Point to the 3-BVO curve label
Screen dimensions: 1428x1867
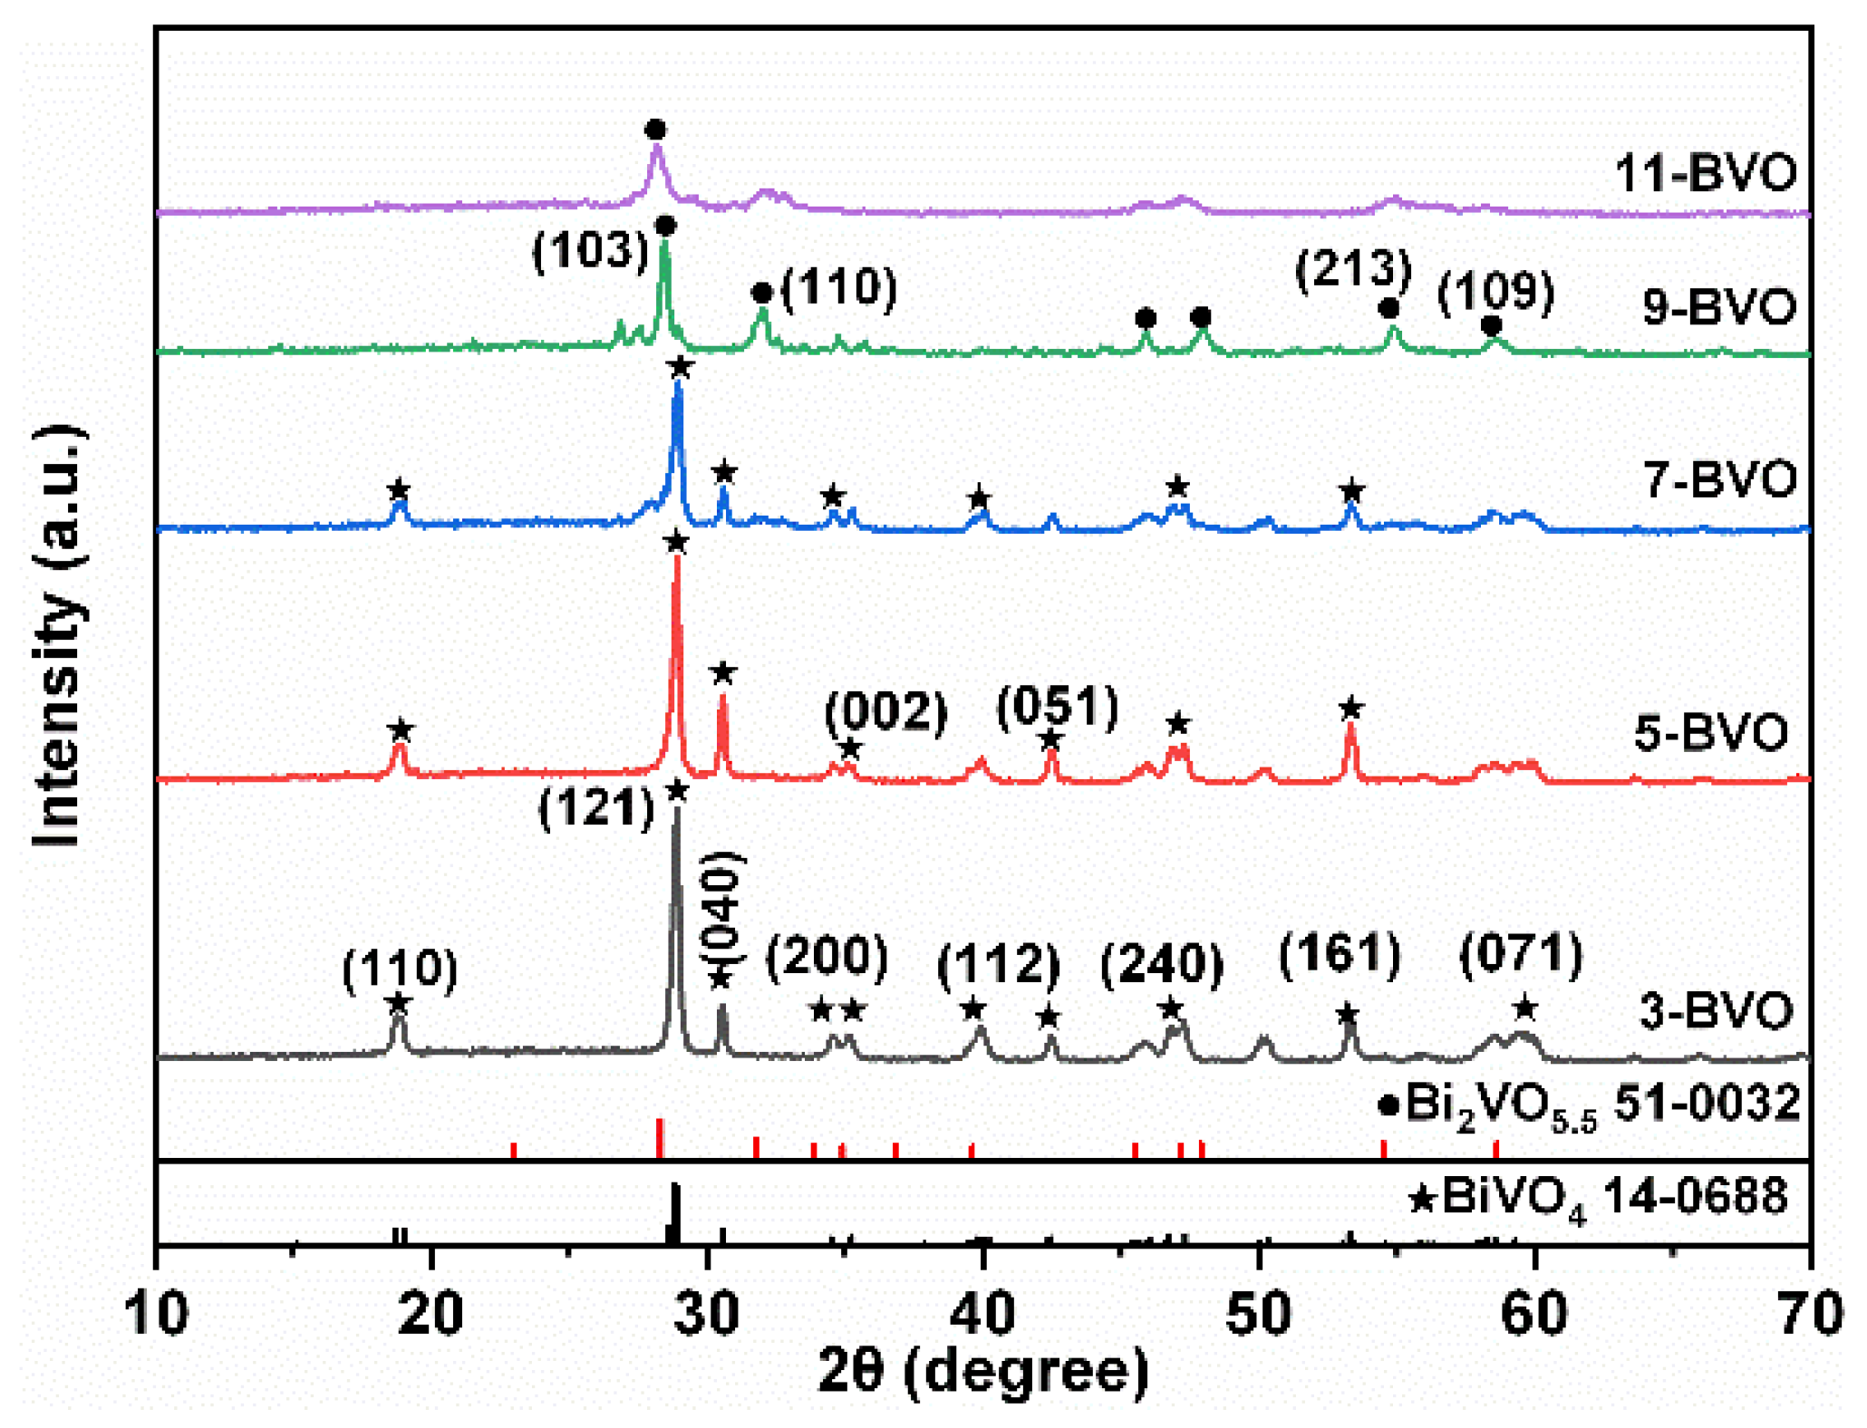pyautogui.click(x=1716, y=1010)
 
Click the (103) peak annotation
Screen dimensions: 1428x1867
pyautogui.click(x=591, y=250)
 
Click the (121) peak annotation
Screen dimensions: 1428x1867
pyautogui.click(x=596, y=807)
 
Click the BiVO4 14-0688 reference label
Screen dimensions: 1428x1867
pyautogui.click(x=1599, y=1198)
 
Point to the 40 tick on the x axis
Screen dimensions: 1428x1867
pyautogui.click(x=982, y=1313)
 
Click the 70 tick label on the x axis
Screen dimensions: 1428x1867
pyautogui.click(x=1809, y=1313)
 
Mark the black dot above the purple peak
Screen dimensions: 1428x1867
pyautogui.click(x=655, y=130)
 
